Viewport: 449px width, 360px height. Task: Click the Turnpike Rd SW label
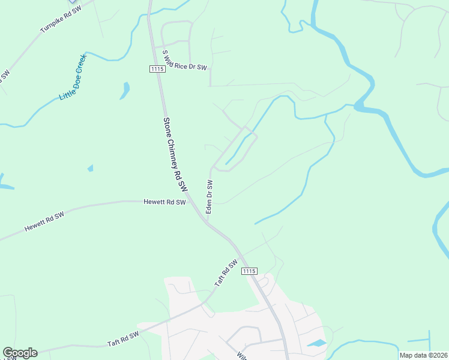click(x=60, y=20)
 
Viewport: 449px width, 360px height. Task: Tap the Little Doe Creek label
click(x=73, y=78)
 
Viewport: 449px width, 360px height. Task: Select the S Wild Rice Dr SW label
click(x=184, y=61)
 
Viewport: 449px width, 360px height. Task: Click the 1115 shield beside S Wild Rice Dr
click(x=157, y=70)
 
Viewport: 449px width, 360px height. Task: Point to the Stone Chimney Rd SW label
click(x=172, y=150)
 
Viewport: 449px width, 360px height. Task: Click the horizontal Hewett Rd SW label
click(x=164, y=203)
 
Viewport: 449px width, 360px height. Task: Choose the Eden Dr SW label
click(x=209, y=196)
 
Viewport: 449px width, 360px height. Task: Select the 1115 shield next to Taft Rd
click(x=250, y=272)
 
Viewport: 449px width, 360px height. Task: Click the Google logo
click(x=20, y=353)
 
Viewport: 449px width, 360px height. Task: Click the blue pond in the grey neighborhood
click(x=317, y=344)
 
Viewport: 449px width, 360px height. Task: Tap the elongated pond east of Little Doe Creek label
click(x=125, y=91)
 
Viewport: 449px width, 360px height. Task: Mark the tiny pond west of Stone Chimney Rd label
click(x=90, y=169)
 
